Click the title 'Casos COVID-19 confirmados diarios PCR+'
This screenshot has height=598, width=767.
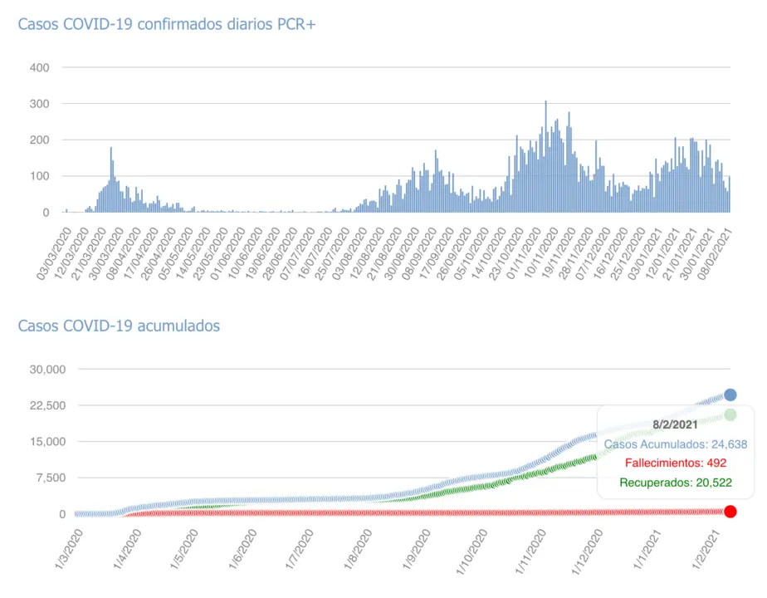(167, 24)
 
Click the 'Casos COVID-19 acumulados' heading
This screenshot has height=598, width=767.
(119, 326)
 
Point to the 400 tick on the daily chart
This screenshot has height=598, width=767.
(39, 67)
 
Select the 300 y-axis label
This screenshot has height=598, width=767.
(39, 104)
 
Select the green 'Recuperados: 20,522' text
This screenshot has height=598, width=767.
(675, 483)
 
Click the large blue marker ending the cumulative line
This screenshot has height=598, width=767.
(730, 395)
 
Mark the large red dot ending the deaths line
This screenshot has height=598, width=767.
(730, 512)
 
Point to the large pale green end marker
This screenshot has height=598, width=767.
(730, 414)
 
